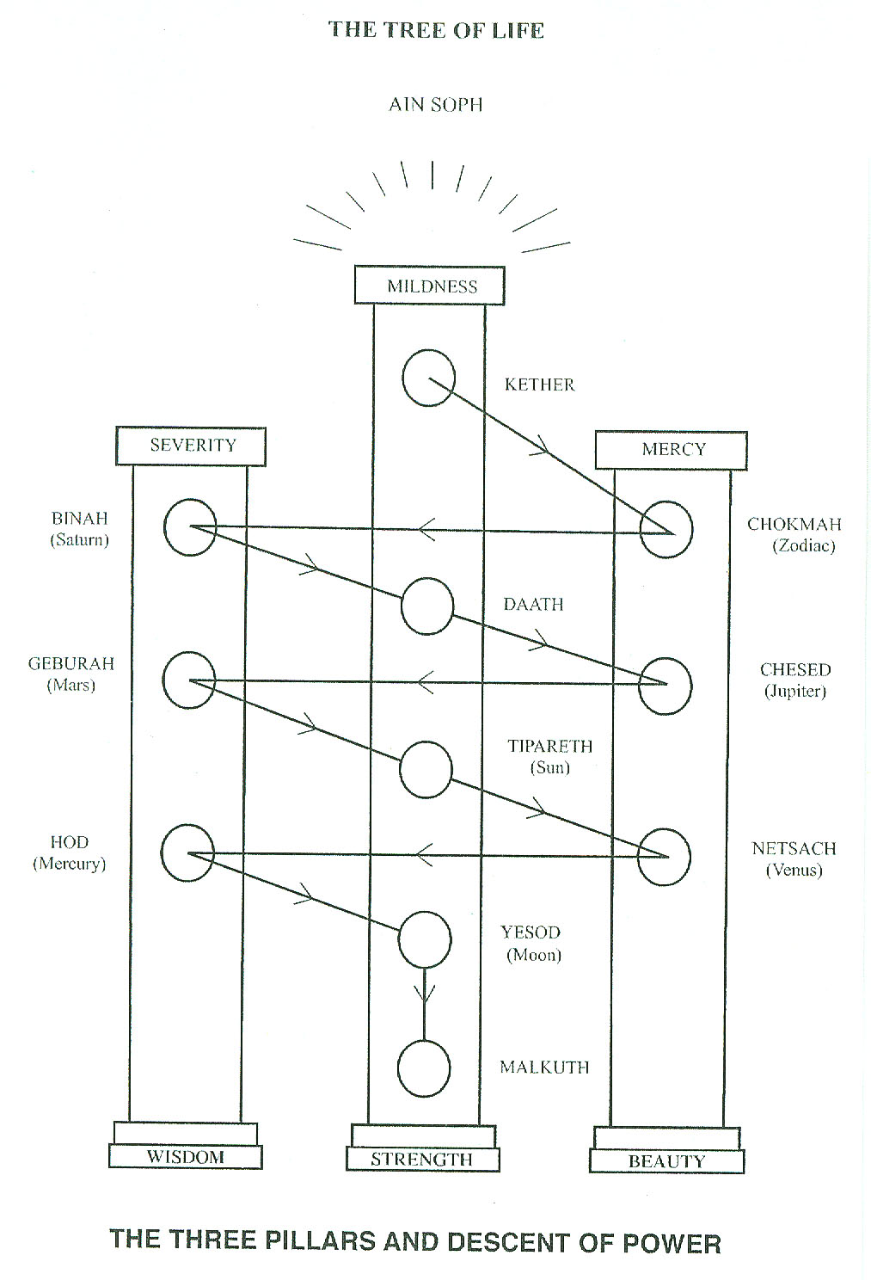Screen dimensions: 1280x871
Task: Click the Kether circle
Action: [428, 378]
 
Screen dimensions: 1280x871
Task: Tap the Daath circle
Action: [426, 606]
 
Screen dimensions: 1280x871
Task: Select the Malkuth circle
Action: [424, 1068]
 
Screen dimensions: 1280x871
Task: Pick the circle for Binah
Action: [190, 526]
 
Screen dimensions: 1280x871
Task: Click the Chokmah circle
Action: [666, 530]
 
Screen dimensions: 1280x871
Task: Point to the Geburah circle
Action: [188, 680]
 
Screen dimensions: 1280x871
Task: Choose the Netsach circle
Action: [665, 857]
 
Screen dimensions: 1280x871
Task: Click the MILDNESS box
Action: [430, 286]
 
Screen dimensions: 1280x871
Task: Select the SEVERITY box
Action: [192, 446]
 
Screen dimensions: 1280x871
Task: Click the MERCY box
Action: [672, 450]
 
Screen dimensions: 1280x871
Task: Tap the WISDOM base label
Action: [186, 1157]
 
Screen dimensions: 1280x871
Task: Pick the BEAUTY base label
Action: [666, 1161]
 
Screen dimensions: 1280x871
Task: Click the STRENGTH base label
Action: [422, 1160]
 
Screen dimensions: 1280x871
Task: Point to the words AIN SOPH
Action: [435, 105]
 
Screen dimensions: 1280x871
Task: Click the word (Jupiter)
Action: [794, 691]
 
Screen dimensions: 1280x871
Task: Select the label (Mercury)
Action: [69, 864]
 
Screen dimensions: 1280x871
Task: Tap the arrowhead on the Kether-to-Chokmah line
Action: [542, 446]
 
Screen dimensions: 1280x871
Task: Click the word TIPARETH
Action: [549, 746]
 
